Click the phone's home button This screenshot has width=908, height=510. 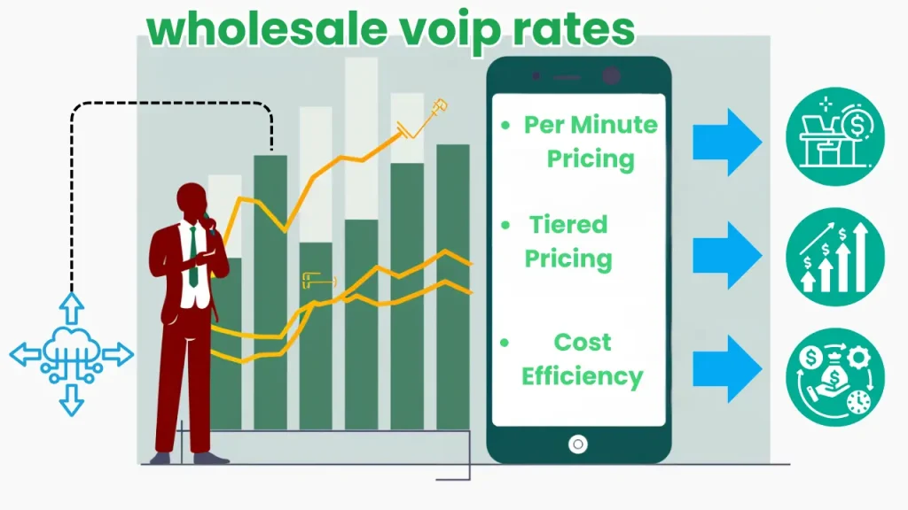point(578,444)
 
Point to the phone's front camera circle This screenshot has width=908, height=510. point(611,76)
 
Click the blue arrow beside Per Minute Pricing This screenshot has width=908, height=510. point(726,143)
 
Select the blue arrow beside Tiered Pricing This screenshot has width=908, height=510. point(726,256)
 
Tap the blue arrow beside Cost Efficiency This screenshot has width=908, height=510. point(726,368)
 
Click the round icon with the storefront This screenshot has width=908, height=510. point(834,136)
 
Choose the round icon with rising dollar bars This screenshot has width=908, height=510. point(834,257)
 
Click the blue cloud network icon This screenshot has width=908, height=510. point(72,354)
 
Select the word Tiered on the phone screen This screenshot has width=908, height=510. point(568,225)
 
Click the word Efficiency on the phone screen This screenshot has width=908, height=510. point(582,376)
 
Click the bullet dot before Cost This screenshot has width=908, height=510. point(505,342)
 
